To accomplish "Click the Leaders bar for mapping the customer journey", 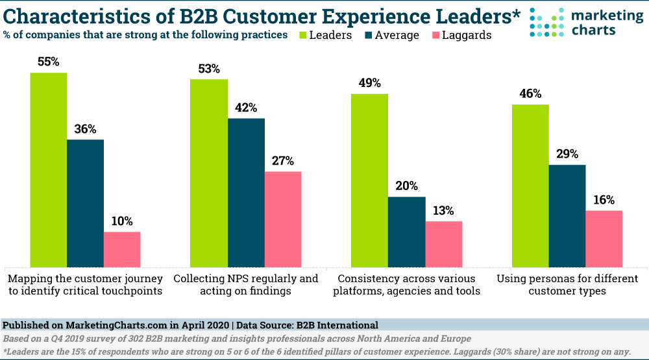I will click(x=48, y=170).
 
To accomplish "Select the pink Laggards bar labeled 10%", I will click(x=122, y=250).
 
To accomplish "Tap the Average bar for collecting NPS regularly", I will click(x=246, y=193).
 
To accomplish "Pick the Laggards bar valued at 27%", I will click(x=283, y=219).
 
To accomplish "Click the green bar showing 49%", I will click(x=369, y=180).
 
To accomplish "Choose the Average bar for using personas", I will click(x=567, y=216).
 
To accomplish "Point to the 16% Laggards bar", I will click(x=604, y=239).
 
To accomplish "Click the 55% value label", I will click(x=48, y=62).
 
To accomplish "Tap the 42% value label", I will click(x=246, y=108).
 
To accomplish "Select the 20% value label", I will click(x=406, y=186).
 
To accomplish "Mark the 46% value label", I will click(x=530, y=94).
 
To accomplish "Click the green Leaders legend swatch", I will click(x=306, y=34).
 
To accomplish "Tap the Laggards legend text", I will click(x=467, y=34).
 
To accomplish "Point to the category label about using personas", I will click(x=567, y=285).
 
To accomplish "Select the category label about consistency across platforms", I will click(x=406, y=285).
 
